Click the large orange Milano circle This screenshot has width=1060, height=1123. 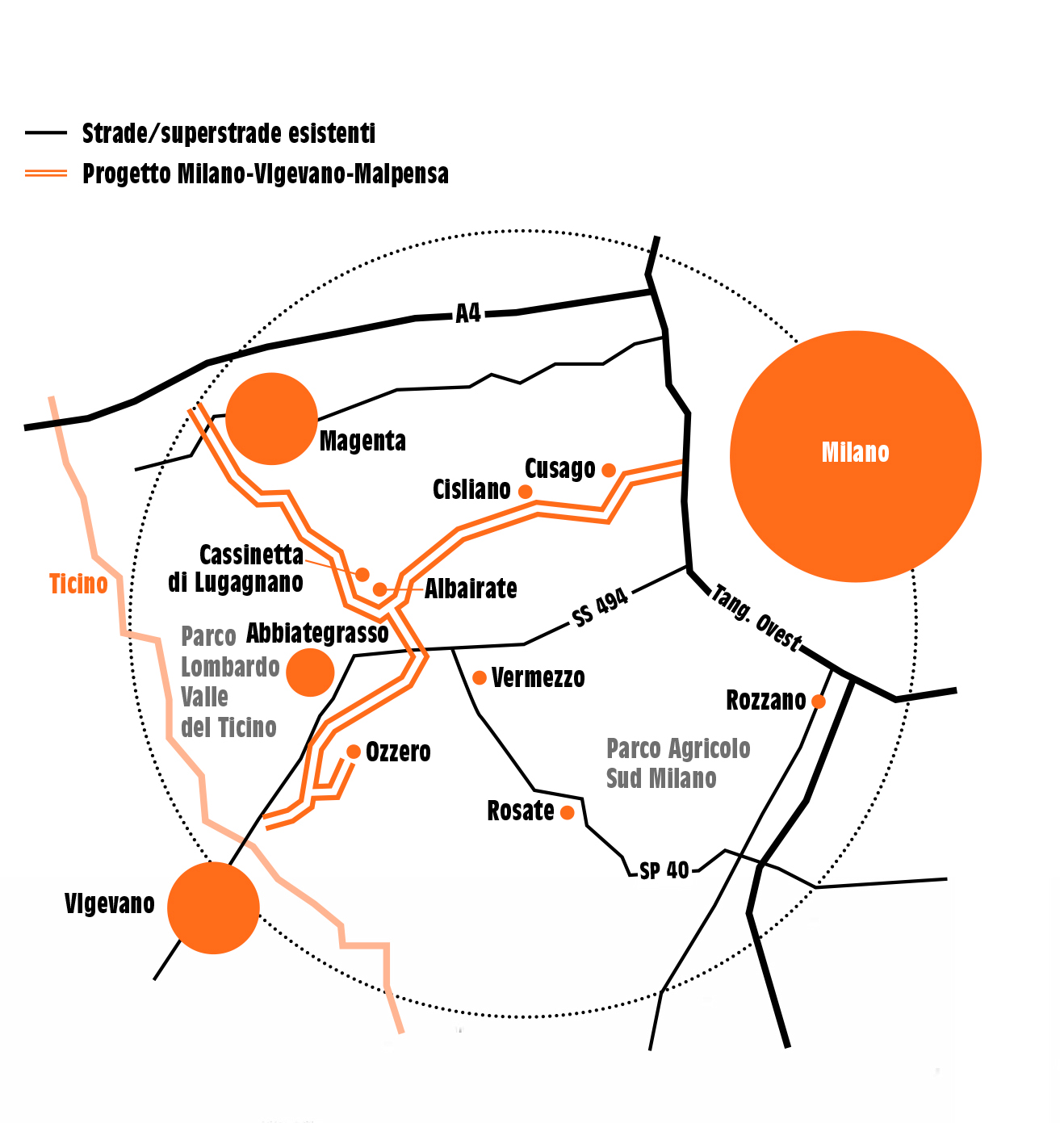(x=855, y=456)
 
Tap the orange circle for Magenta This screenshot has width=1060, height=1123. (x=271, y=419)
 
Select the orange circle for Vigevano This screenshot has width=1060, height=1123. (x=213, y=908)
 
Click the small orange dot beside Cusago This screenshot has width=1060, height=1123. (x=609, y=470)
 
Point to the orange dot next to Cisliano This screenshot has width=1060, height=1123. (x=526, y=492)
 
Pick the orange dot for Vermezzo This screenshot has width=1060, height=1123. (x=479, y=677)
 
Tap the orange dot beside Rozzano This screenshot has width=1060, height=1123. (x=818, y=701)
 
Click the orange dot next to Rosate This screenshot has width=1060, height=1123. (x=568, y=812)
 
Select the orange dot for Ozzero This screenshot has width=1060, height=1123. (x=354, y=752)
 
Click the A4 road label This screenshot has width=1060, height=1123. (x=468, y=312)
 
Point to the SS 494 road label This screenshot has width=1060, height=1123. (x=600, y=607)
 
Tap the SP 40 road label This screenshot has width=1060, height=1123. (x=664, y=871)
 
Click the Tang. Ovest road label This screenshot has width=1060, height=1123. (x=756, y=618)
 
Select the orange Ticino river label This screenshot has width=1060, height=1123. (x=78, y=585)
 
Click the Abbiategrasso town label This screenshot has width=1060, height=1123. (x=317, y=633)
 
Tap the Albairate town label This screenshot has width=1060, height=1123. (x=471, y=589)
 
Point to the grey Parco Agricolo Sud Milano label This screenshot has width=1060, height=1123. (x=677, y=764)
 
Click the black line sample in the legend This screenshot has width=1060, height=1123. (x=46, y=133)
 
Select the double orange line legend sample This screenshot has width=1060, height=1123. (x=46, y=173)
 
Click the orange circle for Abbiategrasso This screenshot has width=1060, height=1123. (x=310, y=673)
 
